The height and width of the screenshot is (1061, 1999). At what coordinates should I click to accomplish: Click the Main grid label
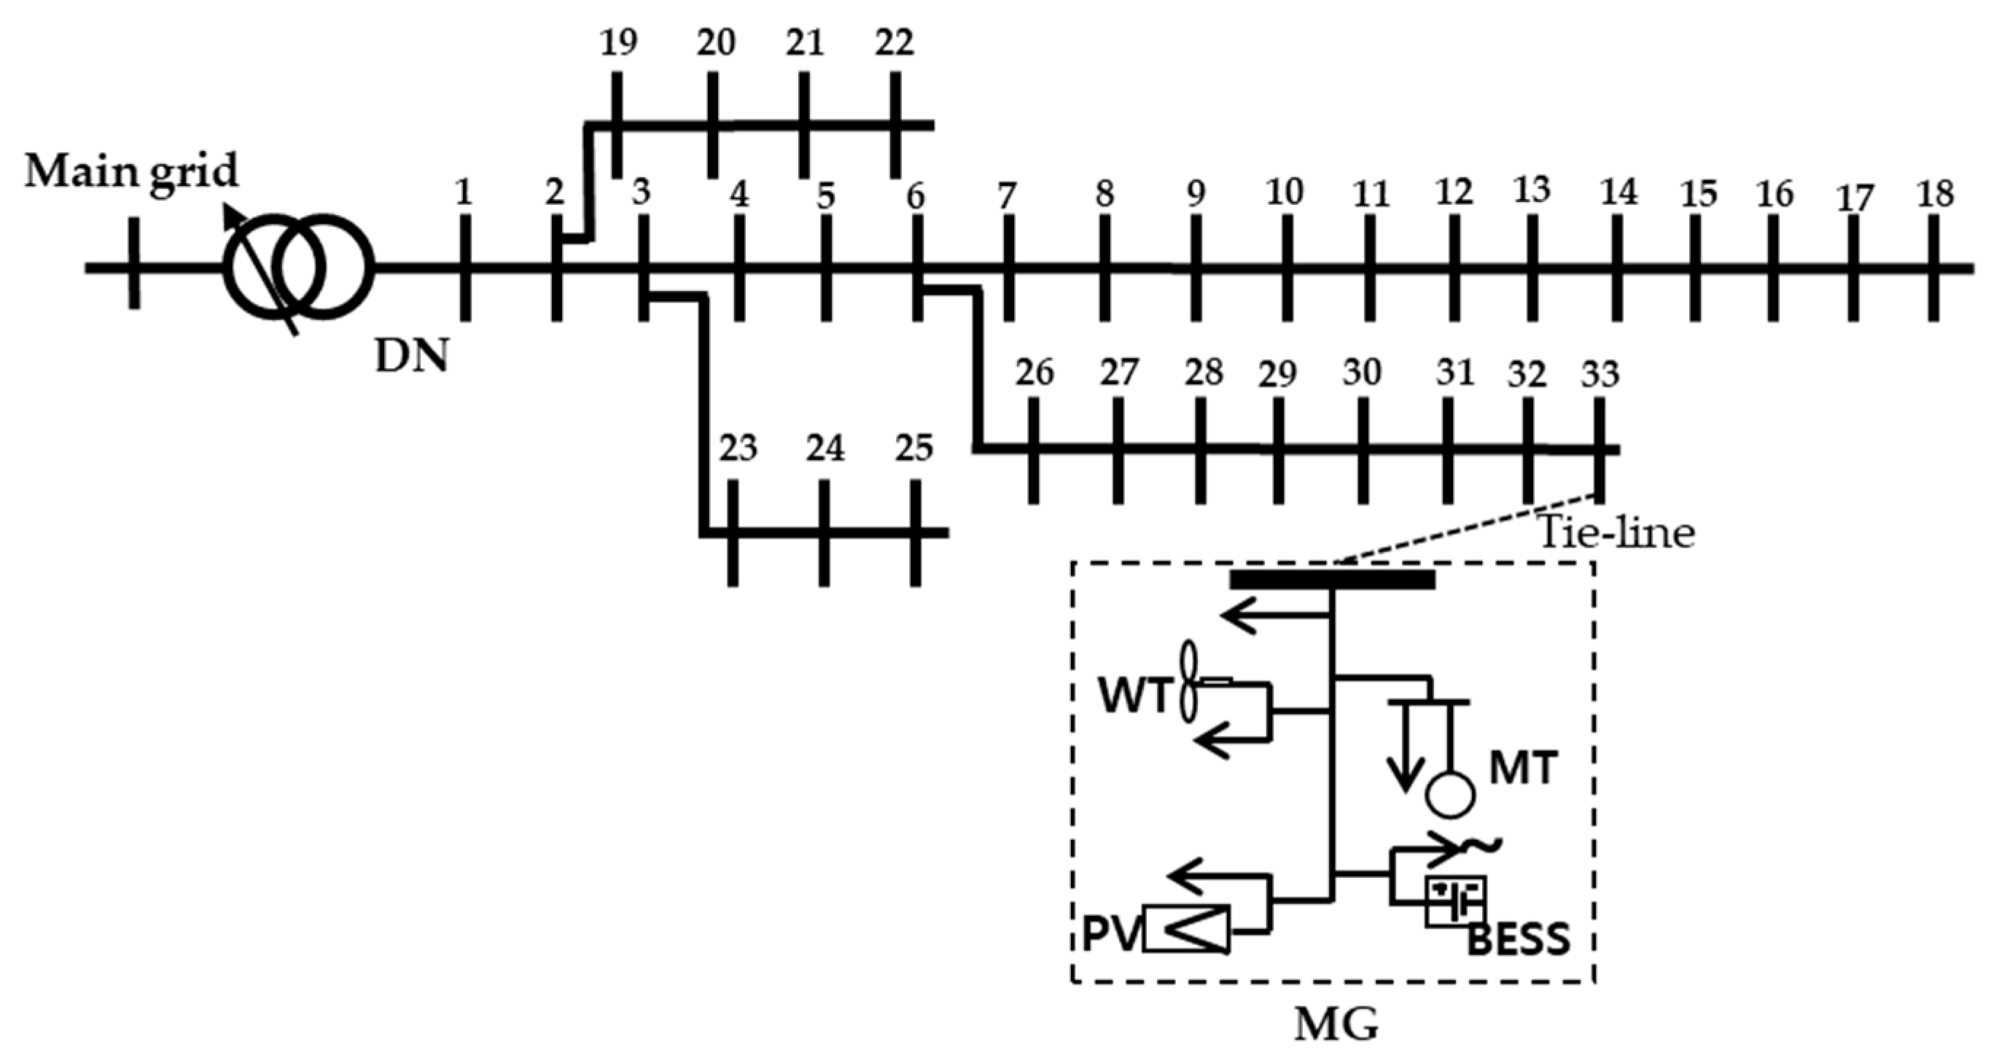click(x=131, y=172)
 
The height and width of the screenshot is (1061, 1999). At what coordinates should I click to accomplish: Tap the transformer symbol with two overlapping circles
click(x=298, y=268)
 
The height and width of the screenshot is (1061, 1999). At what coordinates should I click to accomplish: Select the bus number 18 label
click(x=1936, y=193)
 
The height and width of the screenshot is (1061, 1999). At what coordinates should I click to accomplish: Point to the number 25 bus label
click(x=913, y=448)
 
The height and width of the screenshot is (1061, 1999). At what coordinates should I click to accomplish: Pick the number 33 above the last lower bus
click(x=1600, y=375)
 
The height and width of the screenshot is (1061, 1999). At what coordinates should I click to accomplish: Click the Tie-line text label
click(x=1616, y=533)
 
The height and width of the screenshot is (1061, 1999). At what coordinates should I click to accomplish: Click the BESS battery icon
click(x=1456, y=901)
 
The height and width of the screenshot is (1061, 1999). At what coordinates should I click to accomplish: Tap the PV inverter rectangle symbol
click(x=1187, y=929)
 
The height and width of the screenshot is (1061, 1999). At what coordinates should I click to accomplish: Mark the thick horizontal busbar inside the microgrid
click(x=1333, y=579)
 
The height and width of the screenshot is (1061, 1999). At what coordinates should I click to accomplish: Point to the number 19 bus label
click(x=618, y=43)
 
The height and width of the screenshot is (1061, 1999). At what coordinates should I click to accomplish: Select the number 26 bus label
click(x=1034, y=373)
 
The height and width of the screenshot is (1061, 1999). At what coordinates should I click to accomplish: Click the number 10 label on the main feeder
click(x=1285, y=192)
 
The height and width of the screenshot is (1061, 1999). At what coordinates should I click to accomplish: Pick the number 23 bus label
click(x=737, y=448)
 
